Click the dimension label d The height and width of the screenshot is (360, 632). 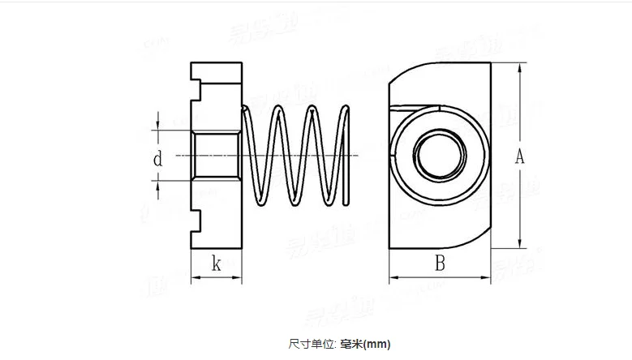[157, 160]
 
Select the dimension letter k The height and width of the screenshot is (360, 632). [216, 263]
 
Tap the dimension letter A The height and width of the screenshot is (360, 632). [520, 156]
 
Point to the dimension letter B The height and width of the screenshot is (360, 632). [440, 263]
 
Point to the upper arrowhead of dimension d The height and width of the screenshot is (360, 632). [157, 126]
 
